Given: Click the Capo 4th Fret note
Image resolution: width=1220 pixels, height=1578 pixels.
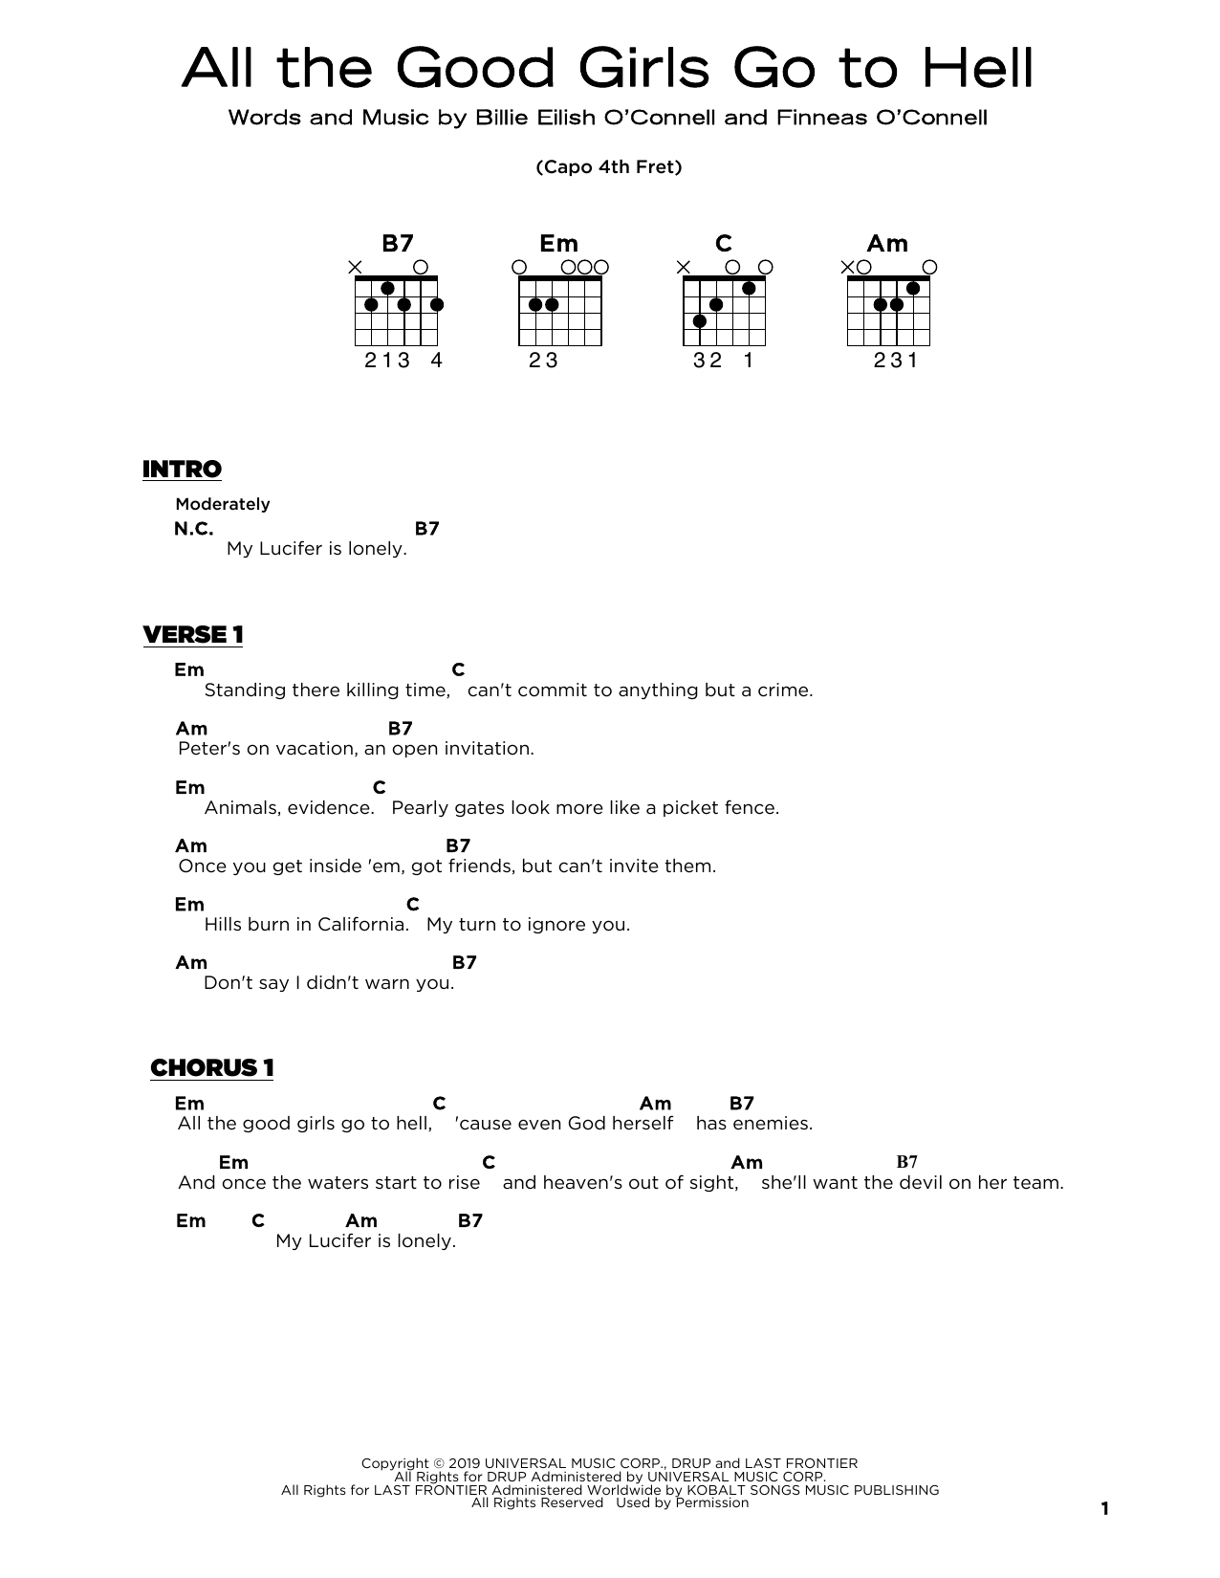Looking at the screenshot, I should (x=609, y=167).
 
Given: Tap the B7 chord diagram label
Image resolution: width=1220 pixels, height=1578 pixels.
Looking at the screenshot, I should (x=397, y=244).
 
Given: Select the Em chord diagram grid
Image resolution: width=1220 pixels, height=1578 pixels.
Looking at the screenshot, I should (x=560, y=311).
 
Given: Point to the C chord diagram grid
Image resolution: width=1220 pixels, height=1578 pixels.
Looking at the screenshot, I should (x=724, y=311).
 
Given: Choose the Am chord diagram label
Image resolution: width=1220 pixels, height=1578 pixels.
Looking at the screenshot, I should (x=887, y=244).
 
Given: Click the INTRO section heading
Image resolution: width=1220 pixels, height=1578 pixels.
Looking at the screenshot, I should (x=182, y=470).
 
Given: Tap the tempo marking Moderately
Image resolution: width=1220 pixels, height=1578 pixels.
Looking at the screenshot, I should (x=223, y=504).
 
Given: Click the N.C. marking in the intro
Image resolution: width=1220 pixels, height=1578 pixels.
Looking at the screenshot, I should (x=194, y=529).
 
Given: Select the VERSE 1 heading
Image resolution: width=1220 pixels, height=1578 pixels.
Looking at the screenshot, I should (x=193, y=635).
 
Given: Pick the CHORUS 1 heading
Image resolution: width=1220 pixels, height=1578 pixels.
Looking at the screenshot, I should (x=212, y=1068).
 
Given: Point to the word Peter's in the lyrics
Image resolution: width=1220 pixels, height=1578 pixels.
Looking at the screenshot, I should (x=209, y=749).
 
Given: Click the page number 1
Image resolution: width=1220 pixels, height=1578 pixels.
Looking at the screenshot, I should (x=1105, y=1509).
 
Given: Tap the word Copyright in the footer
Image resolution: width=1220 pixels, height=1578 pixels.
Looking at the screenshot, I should (x=395, y=1463).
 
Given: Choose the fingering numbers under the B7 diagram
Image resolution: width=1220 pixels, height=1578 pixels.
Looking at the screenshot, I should (x=403, y=361).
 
